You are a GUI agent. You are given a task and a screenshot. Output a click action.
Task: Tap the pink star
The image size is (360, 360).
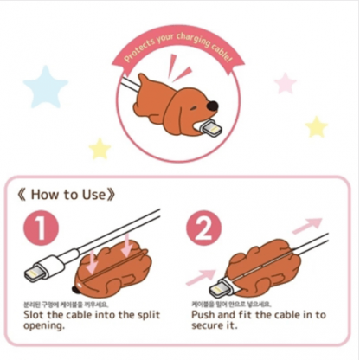(285, 83)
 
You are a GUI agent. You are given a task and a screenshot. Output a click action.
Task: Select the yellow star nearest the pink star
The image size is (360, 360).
(316, 126)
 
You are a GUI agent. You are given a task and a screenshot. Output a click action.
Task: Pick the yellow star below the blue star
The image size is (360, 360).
(100, 148)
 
